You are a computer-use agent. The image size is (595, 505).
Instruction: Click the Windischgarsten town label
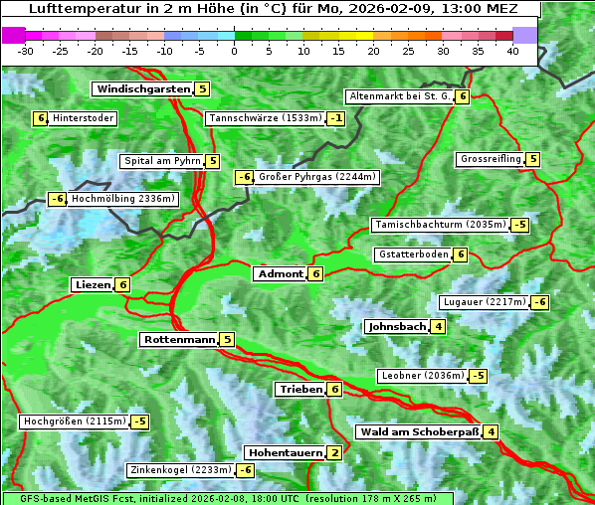pos(142,89)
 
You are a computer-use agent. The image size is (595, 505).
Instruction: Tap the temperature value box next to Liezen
pos(122,285)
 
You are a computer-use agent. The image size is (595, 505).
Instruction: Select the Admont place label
pos(280,274)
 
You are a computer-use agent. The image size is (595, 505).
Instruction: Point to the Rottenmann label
pos(179,340)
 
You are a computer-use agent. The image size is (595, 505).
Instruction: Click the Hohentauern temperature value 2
pos(334,453)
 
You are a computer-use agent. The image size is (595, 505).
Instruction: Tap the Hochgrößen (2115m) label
pos(74,421)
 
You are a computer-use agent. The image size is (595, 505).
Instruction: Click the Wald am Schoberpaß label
pos(419,432)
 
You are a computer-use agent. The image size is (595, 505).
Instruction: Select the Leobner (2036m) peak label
pos(422,376)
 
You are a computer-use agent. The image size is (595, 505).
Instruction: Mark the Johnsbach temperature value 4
pos(439,327)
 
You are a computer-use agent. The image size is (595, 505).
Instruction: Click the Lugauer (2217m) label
pos(484,302)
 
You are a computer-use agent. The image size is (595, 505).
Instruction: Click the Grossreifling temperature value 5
pos(533,159)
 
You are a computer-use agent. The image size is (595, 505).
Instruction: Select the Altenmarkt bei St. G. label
pos(399,96)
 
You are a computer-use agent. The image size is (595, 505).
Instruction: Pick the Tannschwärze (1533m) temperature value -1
pos(336,119)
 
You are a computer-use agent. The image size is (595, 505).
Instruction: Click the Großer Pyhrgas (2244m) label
pos(316,178)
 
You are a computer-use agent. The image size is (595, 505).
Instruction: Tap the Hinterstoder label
pos(83,118)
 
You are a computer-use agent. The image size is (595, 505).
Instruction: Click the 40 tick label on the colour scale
pos(512,51)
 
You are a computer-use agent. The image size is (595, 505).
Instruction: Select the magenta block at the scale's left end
pos(14,35)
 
